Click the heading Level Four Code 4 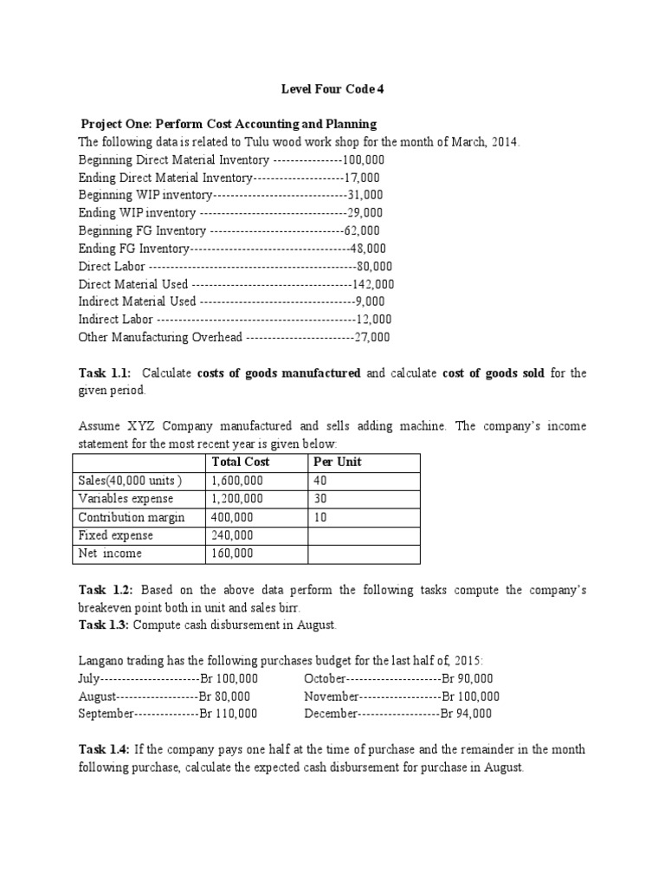click(332, 87)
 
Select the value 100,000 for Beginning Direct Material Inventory click(364, 160)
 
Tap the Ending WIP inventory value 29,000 click(365, 213)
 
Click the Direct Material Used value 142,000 click(373, 284)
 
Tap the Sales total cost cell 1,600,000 click(237, 480)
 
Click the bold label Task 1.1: click(105, 373)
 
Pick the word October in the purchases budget click(326, 678)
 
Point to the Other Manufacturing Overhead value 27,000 click(372, 337)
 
